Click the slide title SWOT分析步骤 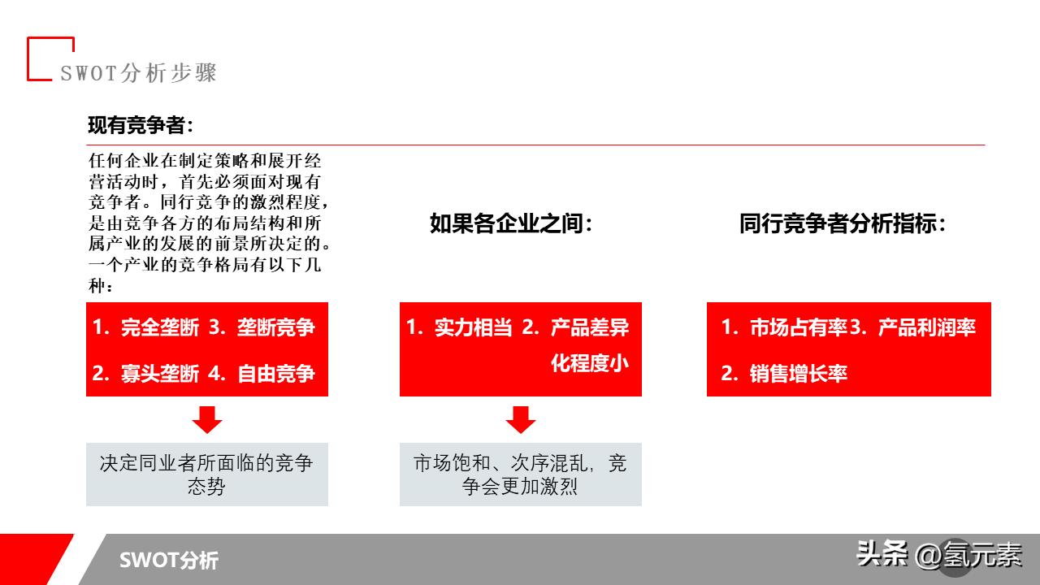point(138,73)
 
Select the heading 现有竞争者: point(141,125)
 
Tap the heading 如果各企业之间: point(511,224)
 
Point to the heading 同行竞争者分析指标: point(843,224)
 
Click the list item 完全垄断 point(159,327)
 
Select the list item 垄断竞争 point(275,327)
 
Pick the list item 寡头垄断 point(159,374)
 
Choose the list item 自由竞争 point(275,374)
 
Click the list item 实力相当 point(473,327)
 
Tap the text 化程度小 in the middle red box point(590,363)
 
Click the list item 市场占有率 point(799,327)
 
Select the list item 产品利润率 point(926,327)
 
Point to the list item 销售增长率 point(799,374)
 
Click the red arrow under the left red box point(207,419)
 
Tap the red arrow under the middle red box point(521,419)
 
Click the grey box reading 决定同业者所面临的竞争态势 point(207,474)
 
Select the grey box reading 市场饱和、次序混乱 point(521,474)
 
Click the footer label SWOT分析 point(169,560)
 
